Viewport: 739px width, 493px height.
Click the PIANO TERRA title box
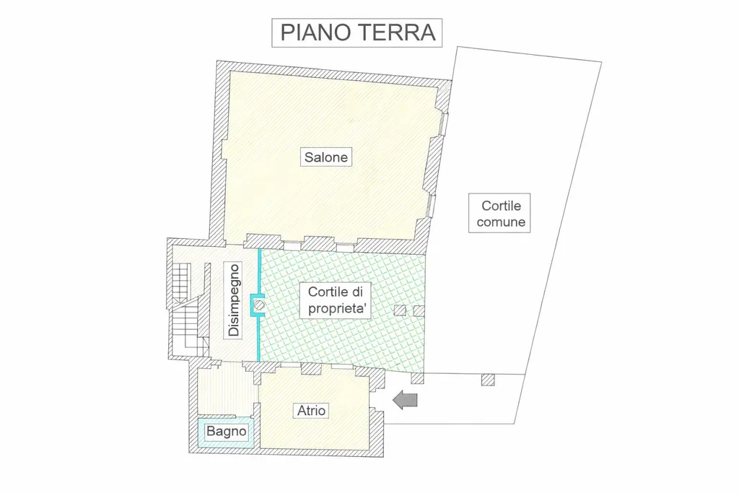(357, 32)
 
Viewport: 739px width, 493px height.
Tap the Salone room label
(326, 157)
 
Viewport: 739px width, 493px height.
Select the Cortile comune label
(499, 213)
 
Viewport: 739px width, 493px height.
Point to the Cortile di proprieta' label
(336, 300)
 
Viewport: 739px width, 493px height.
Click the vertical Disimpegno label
(234, 300)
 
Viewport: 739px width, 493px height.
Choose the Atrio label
(311, 411)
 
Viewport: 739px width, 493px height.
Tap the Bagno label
(226, 431)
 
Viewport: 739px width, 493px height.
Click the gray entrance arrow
(406, 400)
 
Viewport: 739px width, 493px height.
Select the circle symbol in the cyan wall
(259, 305)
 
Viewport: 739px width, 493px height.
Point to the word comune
(501, 222)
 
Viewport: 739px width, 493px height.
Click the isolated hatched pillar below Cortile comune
(488, 380)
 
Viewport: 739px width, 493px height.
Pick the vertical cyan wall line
(258, 305)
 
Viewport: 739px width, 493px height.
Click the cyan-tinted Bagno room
(226, 432)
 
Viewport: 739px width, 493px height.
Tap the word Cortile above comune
(501, 206)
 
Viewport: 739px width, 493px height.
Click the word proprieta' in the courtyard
(338, 309)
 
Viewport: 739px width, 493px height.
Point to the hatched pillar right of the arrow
(418, 378)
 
